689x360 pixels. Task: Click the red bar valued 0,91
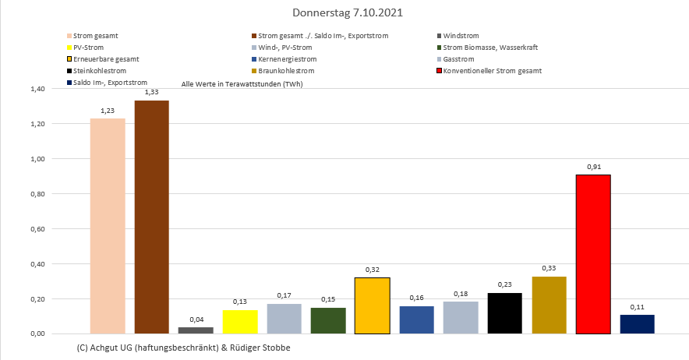click(592, 254)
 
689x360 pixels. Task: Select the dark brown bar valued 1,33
click(151, 217)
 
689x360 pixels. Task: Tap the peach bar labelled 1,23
click(108, 226)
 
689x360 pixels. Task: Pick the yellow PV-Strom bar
click(240, 322)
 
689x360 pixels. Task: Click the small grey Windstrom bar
click(196, 330)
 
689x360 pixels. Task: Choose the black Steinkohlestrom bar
click(504, 313)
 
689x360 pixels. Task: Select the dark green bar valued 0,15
click(328, 320)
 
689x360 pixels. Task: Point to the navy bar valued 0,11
click(637, 324)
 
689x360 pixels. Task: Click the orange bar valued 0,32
click(372, 305)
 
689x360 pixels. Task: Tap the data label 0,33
click(549, 267)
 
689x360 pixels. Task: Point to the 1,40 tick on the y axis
click(37, 89)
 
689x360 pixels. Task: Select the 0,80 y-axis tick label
click(37, 194)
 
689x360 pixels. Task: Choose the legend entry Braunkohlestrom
click(284, 71)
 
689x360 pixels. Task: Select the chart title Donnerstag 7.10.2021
click(348, 13)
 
